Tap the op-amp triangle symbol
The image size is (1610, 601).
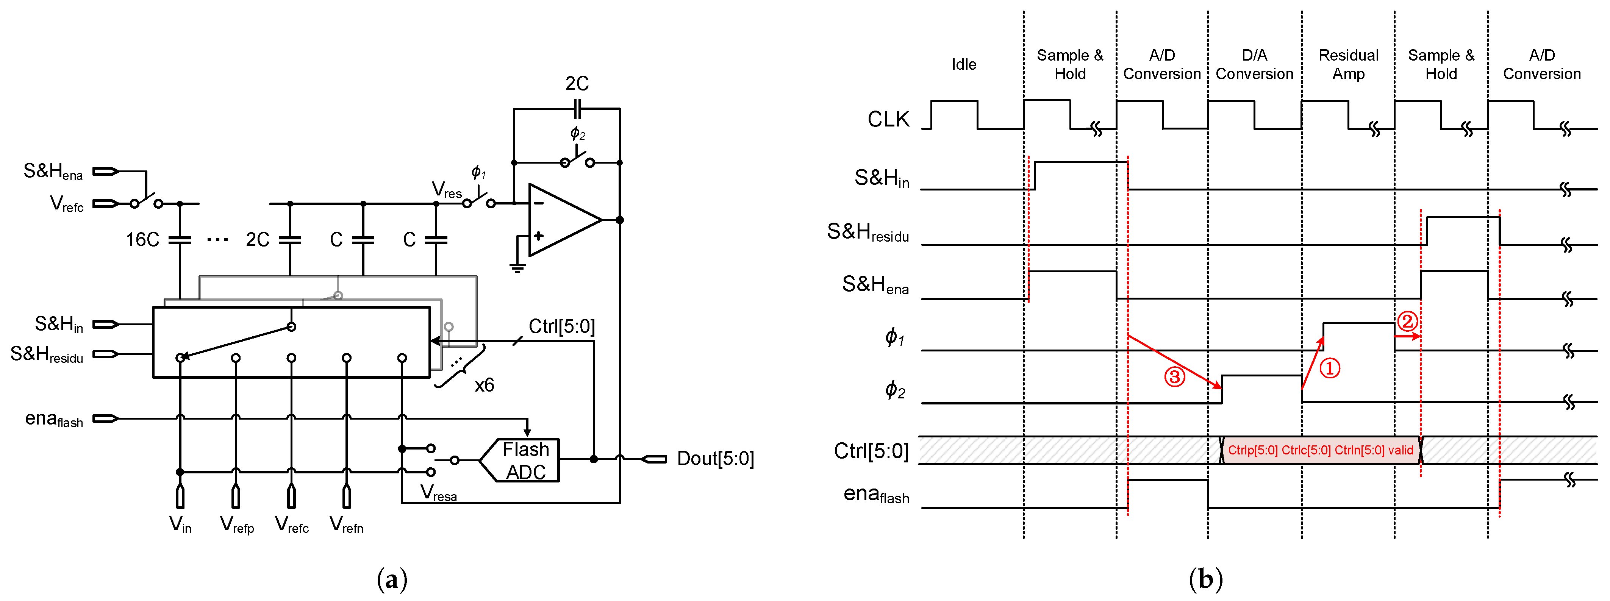click(x=560, y=220)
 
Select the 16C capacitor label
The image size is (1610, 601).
click(x=142, y=240)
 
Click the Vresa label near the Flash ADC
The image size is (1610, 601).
click(x=438, y=493)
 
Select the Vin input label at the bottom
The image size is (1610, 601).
click(x=180, y=525)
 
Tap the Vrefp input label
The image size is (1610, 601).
click(x=237, y=525)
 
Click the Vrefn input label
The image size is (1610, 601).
click(x=346, y=525)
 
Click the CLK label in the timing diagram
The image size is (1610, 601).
click(x=888, y=119)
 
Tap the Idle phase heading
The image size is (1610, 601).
click(x=964, y=64)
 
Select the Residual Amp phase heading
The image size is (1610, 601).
click(x=1348, y=64)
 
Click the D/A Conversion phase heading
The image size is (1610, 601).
click(x=1254, y=64)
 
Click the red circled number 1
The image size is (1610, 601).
click(x=1329, y=368)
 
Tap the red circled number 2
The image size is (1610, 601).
click(x=1407, y=322)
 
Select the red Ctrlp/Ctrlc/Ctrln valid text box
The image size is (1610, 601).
click(x=1320, y=450)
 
